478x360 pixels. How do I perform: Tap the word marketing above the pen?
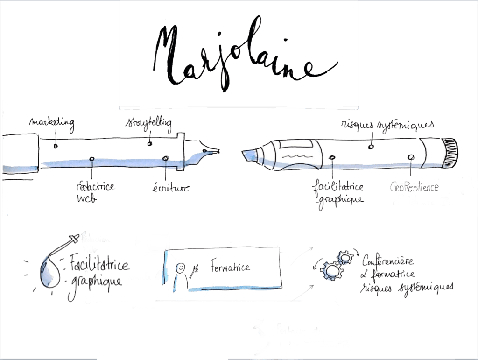(x=51, y=123)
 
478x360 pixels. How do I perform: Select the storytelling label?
(x=148, y=124)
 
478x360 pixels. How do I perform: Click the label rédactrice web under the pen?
(x=95, y=192)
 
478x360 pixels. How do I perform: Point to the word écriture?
(x=170, y=188)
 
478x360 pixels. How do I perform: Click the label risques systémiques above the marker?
(x=387, y=125)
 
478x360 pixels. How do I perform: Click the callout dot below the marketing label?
(x=56, y=146)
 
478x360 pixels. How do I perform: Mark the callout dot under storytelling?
(x=150, y=144)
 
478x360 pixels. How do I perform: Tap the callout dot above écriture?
(x=165, y=159)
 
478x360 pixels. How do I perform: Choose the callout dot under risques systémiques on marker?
(x=371, y=146)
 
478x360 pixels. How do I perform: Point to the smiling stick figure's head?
(x=180, y=268)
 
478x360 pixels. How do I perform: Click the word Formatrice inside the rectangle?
(x=230, y=268)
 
